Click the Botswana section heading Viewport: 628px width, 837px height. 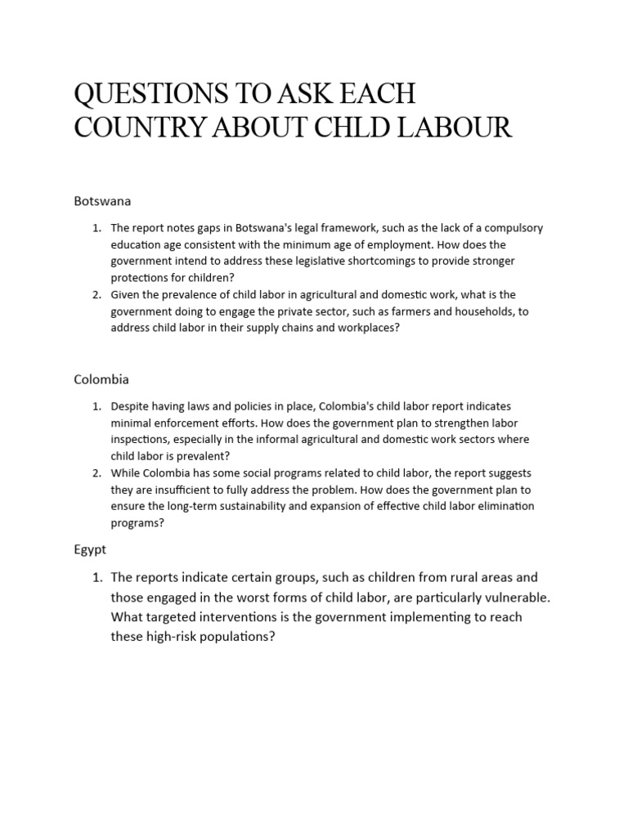102,200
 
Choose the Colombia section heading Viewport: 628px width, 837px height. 101,379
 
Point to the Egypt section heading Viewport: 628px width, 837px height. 90,550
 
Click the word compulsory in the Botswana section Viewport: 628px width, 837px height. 513,228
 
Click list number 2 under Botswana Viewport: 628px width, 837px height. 96,294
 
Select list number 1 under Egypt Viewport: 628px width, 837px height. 96,578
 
